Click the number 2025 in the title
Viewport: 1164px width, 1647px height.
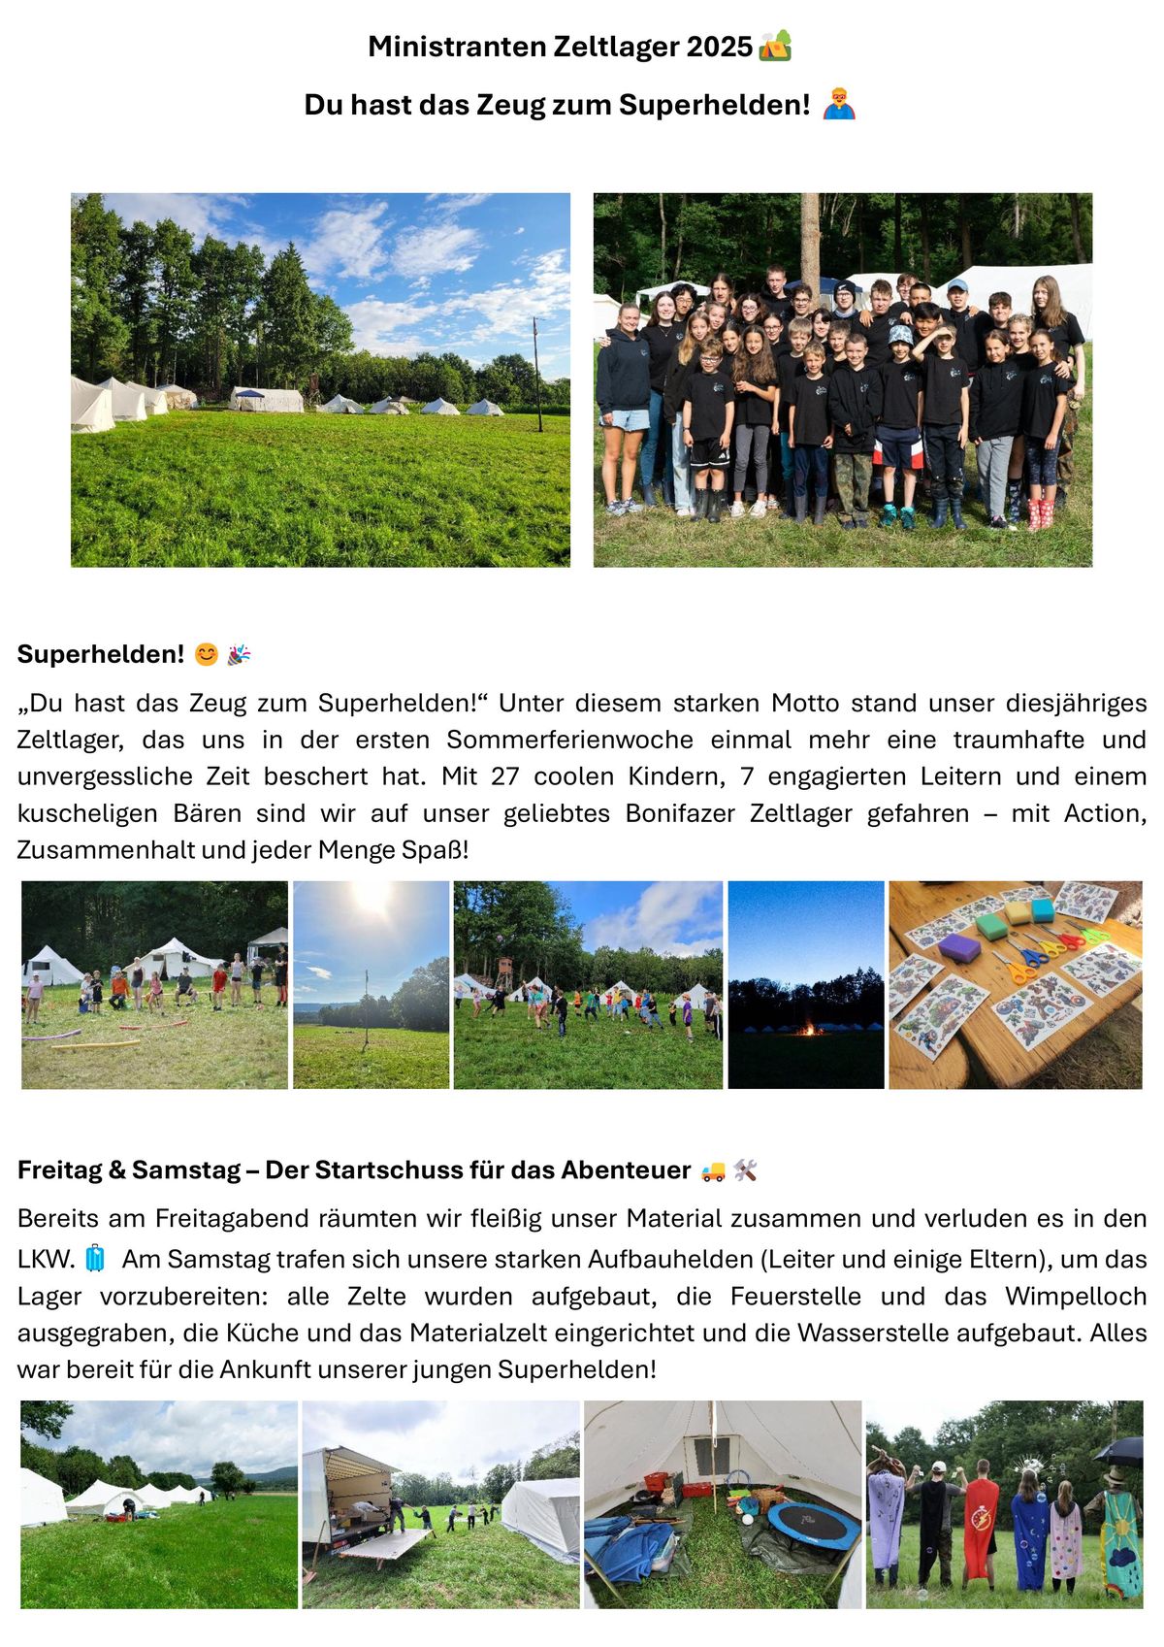click(x=719, y=47)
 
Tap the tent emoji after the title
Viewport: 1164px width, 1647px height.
click(x=775, y=46)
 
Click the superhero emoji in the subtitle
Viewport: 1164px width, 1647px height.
click(x=839, y=104)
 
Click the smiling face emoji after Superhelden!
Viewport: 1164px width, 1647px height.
click(x=206, y=655)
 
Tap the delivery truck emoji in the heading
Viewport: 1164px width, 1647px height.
click(x=712, y=1171)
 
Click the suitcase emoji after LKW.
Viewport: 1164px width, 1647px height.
click(x=94, y=1259)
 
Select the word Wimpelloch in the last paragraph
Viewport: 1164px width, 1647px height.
click(x=1076, y=1297)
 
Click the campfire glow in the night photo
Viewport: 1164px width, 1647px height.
click(x=805, y=1028)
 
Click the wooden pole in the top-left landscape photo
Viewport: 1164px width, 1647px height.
click(x=537, y=374)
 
